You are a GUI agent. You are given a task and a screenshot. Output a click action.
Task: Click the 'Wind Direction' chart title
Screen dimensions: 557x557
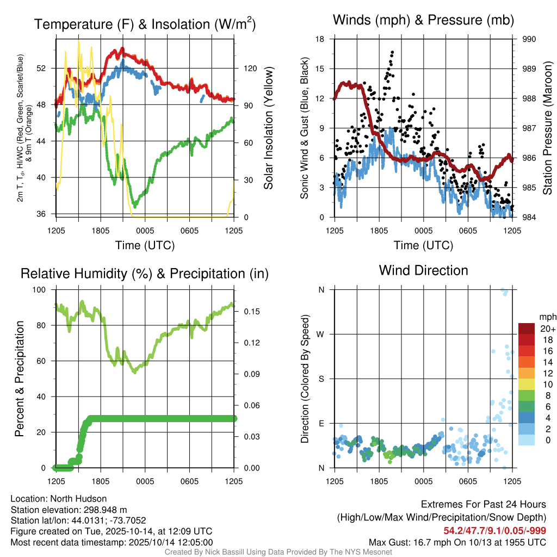pyautogui.click(x=423, y=270)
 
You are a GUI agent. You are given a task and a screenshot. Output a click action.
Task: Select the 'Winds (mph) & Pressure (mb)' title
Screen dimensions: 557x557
pyautogui.click(x=423, y=21)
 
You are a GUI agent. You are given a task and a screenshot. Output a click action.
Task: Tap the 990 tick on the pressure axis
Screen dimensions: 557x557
pyautogui.click(x=529, y=39)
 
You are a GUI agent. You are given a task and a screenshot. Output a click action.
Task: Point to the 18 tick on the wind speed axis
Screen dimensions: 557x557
pyautogui.click(x=320, y=39)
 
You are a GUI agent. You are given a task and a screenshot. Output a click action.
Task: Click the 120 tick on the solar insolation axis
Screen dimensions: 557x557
pyautogui.click(x=250, y=69)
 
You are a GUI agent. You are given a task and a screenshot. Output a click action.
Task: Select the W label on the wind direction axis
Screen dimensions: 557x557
pyautogui.click(x=321, y=335)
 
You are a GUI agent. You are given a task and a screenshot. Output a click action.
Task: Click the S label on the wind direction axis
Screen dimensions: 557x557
pyautogui.click(x=321, y=379)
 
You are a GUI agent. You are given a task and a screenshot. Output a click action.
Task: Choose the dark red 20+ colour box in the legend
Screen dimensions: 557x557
pyautogui.click(x=527, y=329)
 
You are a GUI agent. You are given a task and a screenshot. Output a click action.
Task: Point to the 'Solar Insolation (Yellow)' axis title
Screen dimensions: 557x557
pyautogui.click(x=268, y=128)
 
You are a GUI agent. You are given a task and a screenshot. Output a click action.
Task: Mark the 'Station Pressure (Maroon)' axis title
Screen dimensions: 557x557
pyautogui.click(x=547, y=128)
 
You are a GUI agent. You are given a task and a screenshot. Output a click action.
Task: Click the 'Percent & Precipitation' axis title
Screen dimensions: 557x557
pyautogui.click(x=20, y=379)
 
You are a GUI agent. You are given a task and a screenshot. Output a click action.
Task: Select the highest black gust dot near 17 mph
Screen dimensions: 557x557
pyautogui.click(x=392, y=52)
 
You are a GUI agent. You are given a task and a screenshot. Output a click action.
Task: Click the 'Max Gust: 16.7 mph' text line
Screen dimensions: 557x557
pyautogui.click(x=457, y=542)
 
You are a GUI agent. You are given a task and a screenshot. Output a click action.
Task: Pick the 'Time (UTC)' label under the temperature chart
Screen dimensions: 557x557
pyautogui.click(x=145, y=245)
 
